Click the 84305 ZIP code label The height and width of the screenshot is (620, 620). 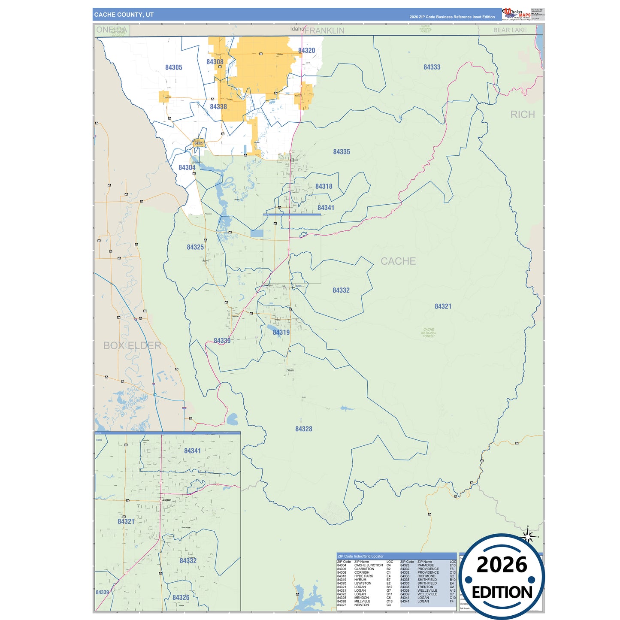pyautogui.click(x=174, y=67)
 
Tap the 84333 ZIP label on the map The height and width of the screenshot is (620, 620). pyautogui.click(x=432, y=67)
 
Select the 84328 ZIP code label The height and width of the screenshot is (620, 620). pyautogui.click(x=304, y=429)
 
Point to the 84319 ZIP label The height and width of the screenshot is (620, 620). pyautogui.click(x=281, y=332)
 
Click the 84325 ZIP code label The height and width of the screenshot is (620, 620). pyautogui.click(x=195, y=247)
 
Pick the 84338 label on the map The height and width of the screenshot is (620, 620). pyautogui.click(x=218, y=106)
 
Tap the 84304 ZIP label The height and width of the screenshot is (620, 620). pyautogui.click(x=187, y=167)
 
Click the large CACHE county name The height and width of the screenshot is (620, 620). pyautogui.click(x=398, y=261)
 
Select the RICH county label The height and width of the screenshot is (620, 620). pyautogui.click(x=522, y=115)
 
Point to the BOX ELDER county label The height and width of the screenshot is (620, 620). pyautogui.click(x=132, y=345)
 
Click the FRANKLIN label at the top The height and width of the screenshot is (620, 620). pyautogui.click(x=324, y=30)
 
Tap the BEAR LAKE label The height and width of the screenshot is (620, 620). pyautogui.click(x=510, y=30)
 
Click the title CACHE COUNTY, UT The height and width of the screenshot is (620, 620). pyautogui.click(x=124, y=15)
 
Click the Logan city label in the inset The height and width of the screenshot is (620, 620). pyautogui.click(x=167, y=499)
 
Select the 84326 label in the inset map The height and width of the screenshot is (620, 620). pyautogui.click(x=181, y=597)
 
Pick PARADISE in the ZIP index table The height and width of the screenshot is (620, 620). pyautogui.click(x=425, y=565)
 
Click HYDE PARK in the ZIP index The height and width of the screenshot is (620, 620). pyautogui.click(x=363, y=576)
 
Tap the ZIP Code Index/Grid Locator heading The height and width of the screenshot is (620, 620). pyautogui.click(x=360, y=556)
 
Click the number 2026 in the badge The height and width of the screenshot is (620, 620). pyautogui.click(x=502, y=565)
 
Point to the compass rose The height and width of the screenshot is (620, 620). pyautogui.click(x=528, y=536)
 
